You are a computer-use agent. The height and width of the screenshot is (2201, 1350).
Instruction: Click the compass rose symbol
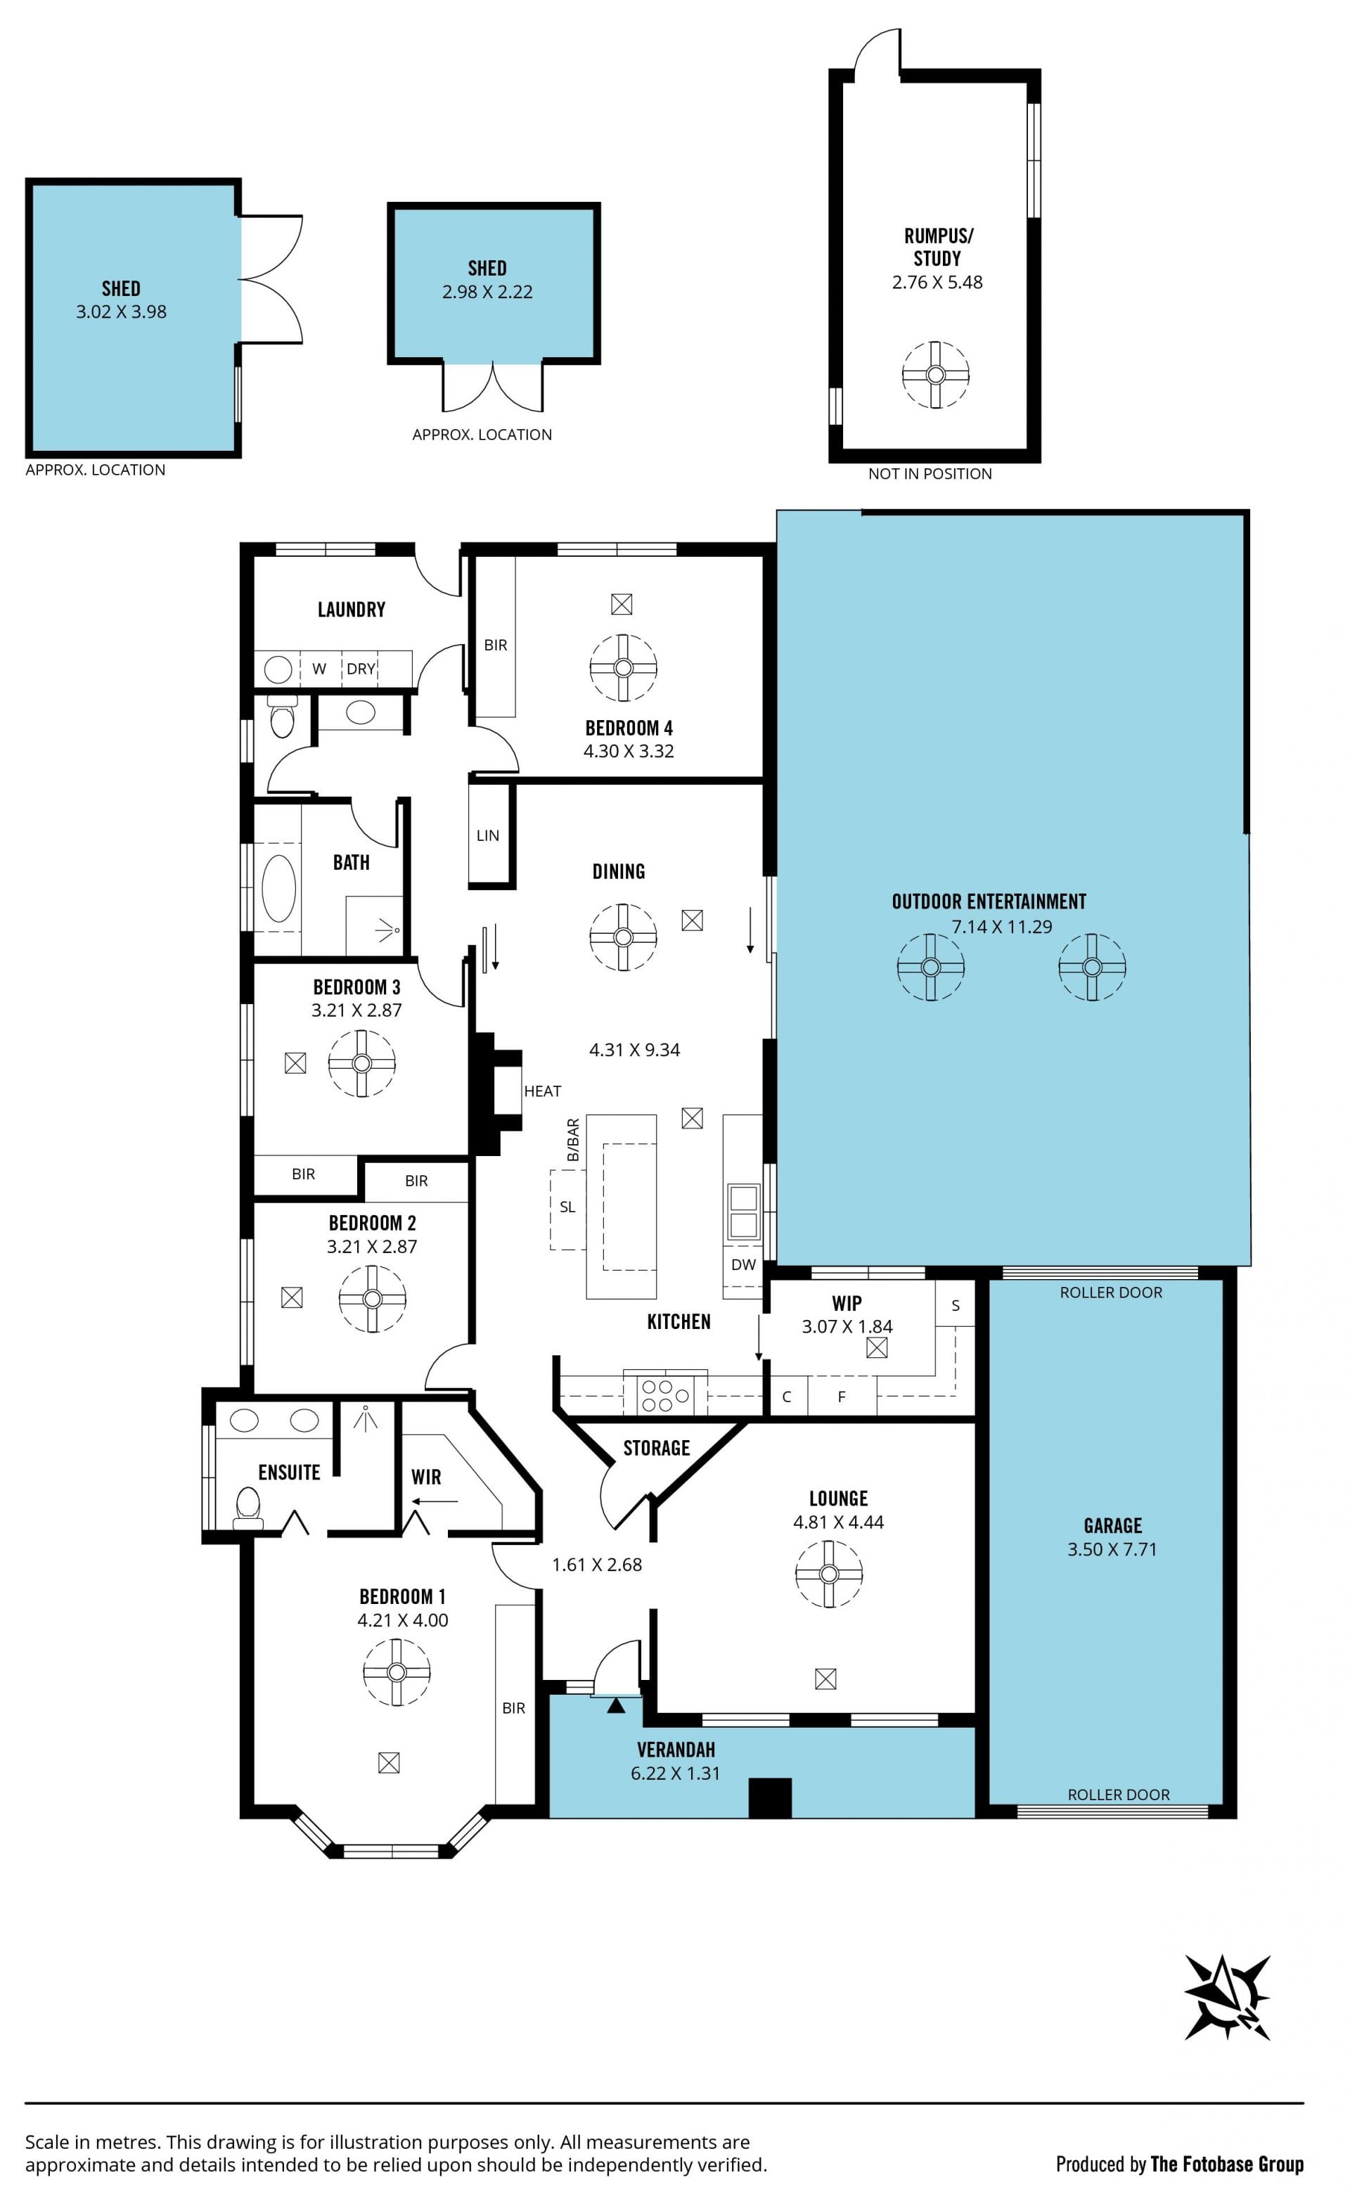coord(1228,1996)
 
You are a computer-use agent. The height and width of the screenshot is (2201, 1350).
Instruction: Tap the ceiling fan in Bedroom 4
coord(624,668)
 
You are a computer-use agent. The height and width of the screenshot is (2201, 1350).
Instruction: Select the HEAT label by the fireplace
coord(542,1091)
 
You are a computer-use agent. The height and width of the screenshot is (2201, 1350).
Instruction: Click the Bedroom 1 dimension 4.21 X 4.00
coord(403,1620)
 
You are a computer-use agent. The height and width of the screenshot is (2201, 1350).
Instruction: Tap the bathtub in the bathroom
coord(278,889)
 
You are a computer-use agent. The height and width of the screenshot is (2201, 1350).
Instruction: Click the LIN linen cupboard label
coord(488,836)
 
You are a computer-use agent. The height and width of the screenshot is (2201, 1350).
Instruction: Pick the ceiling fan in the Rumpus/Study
coord(935,376)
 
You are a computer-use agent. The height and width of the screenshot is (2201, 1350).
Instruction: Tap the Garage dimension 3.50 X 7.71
coord(1112,1550)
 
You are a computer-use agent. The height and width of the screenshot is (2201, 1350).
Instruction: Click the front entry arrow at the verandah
coord(615,1706)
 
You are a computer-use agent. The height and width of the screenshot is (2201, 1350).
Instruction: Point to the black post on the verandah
coord(770,1798)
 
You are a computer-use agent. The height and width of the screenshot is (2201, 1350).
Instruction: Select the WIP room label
coord(847,1303)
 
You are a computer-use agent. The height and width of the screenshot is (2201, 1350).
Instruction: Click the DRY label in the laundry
coord(361,669)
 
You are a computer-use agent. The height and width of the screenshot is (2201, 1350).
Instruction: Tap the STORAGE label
coord(657,1448)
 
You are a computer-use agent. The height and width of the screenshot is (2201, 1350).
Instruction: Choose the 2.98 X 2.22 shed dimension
coord(488,292)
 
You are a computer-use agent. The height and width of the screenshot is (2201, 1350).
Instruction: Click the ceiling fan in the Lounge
coord(829,1574)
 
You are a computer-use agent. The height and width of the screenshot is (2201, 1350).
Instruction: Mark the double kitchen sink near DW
coord(743,1212)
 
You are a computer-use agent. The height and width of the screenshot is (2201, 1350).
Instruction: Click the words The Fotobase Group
coord(1227,2164)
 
